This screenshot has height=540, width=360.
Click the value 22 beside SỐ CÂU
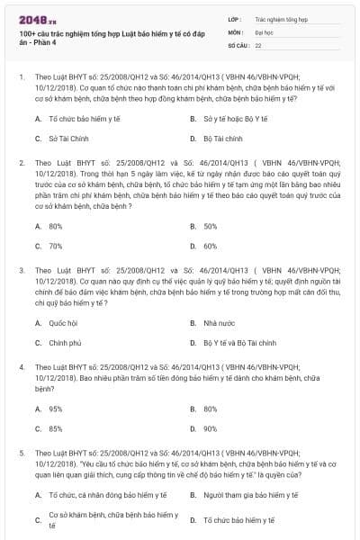258,44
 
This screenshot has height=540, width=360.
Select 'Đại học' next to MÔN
264,31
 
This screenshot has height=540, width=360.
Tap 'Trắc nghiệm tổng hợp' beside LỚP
278,18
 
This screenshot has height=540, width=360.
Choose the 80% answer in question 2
56,226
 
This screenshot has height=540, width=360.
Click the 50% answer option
211,226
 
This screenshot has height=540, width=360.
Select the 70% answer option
56,246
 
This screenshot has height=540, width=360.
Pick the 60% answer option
211,246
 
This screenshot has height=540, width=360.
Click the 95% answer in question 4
56,409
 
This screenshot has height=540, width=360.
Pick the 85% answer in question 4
56,429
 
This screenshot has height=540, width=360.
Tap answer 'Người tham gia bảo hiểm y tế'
248,495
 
